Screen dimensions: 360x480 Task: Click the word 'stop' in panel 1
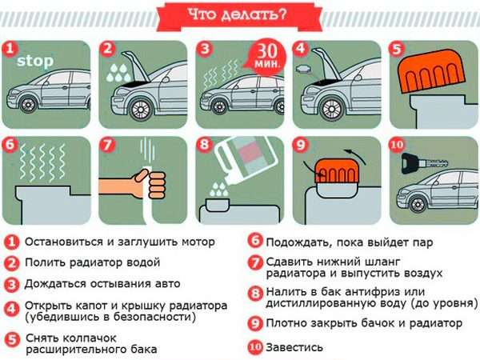(x=35, y=60)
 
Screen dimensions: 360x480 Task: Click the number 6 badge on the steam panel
(x=11, y=146)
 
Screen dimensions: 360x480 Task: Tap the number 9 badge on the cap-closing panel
(x=302, y=146)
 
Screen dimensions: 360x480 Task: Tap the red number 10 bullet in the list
(x=254, y=347)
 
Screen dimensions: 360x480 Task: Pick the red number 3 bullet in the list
(x=11, y=284)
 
